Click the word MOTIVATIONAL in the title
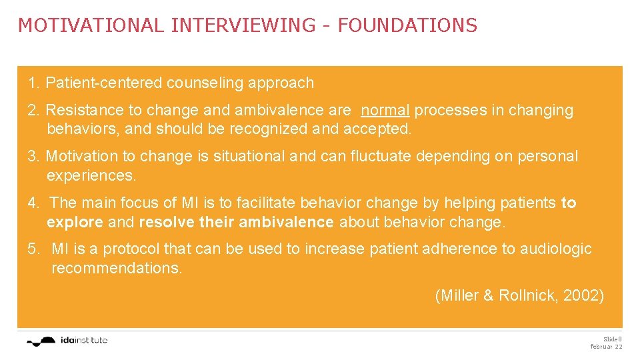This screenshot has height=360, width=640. (91, 25)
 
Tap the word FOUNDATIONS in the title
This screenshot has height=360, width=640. (407, 25)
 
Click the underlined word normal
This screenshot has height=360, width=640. (385, 110)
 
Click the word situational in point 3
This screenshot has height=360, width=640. (247, 156)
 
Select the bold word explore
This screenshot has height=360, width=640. (75, 221)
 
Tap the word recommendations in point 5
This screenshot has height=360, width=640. (117, 268)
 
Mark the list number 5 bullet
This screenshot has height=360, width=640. (33, 249)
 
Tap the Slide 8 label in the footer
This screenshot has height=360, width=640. (612, 339)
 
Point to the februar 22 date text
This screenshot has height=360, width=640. (606, 347)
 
